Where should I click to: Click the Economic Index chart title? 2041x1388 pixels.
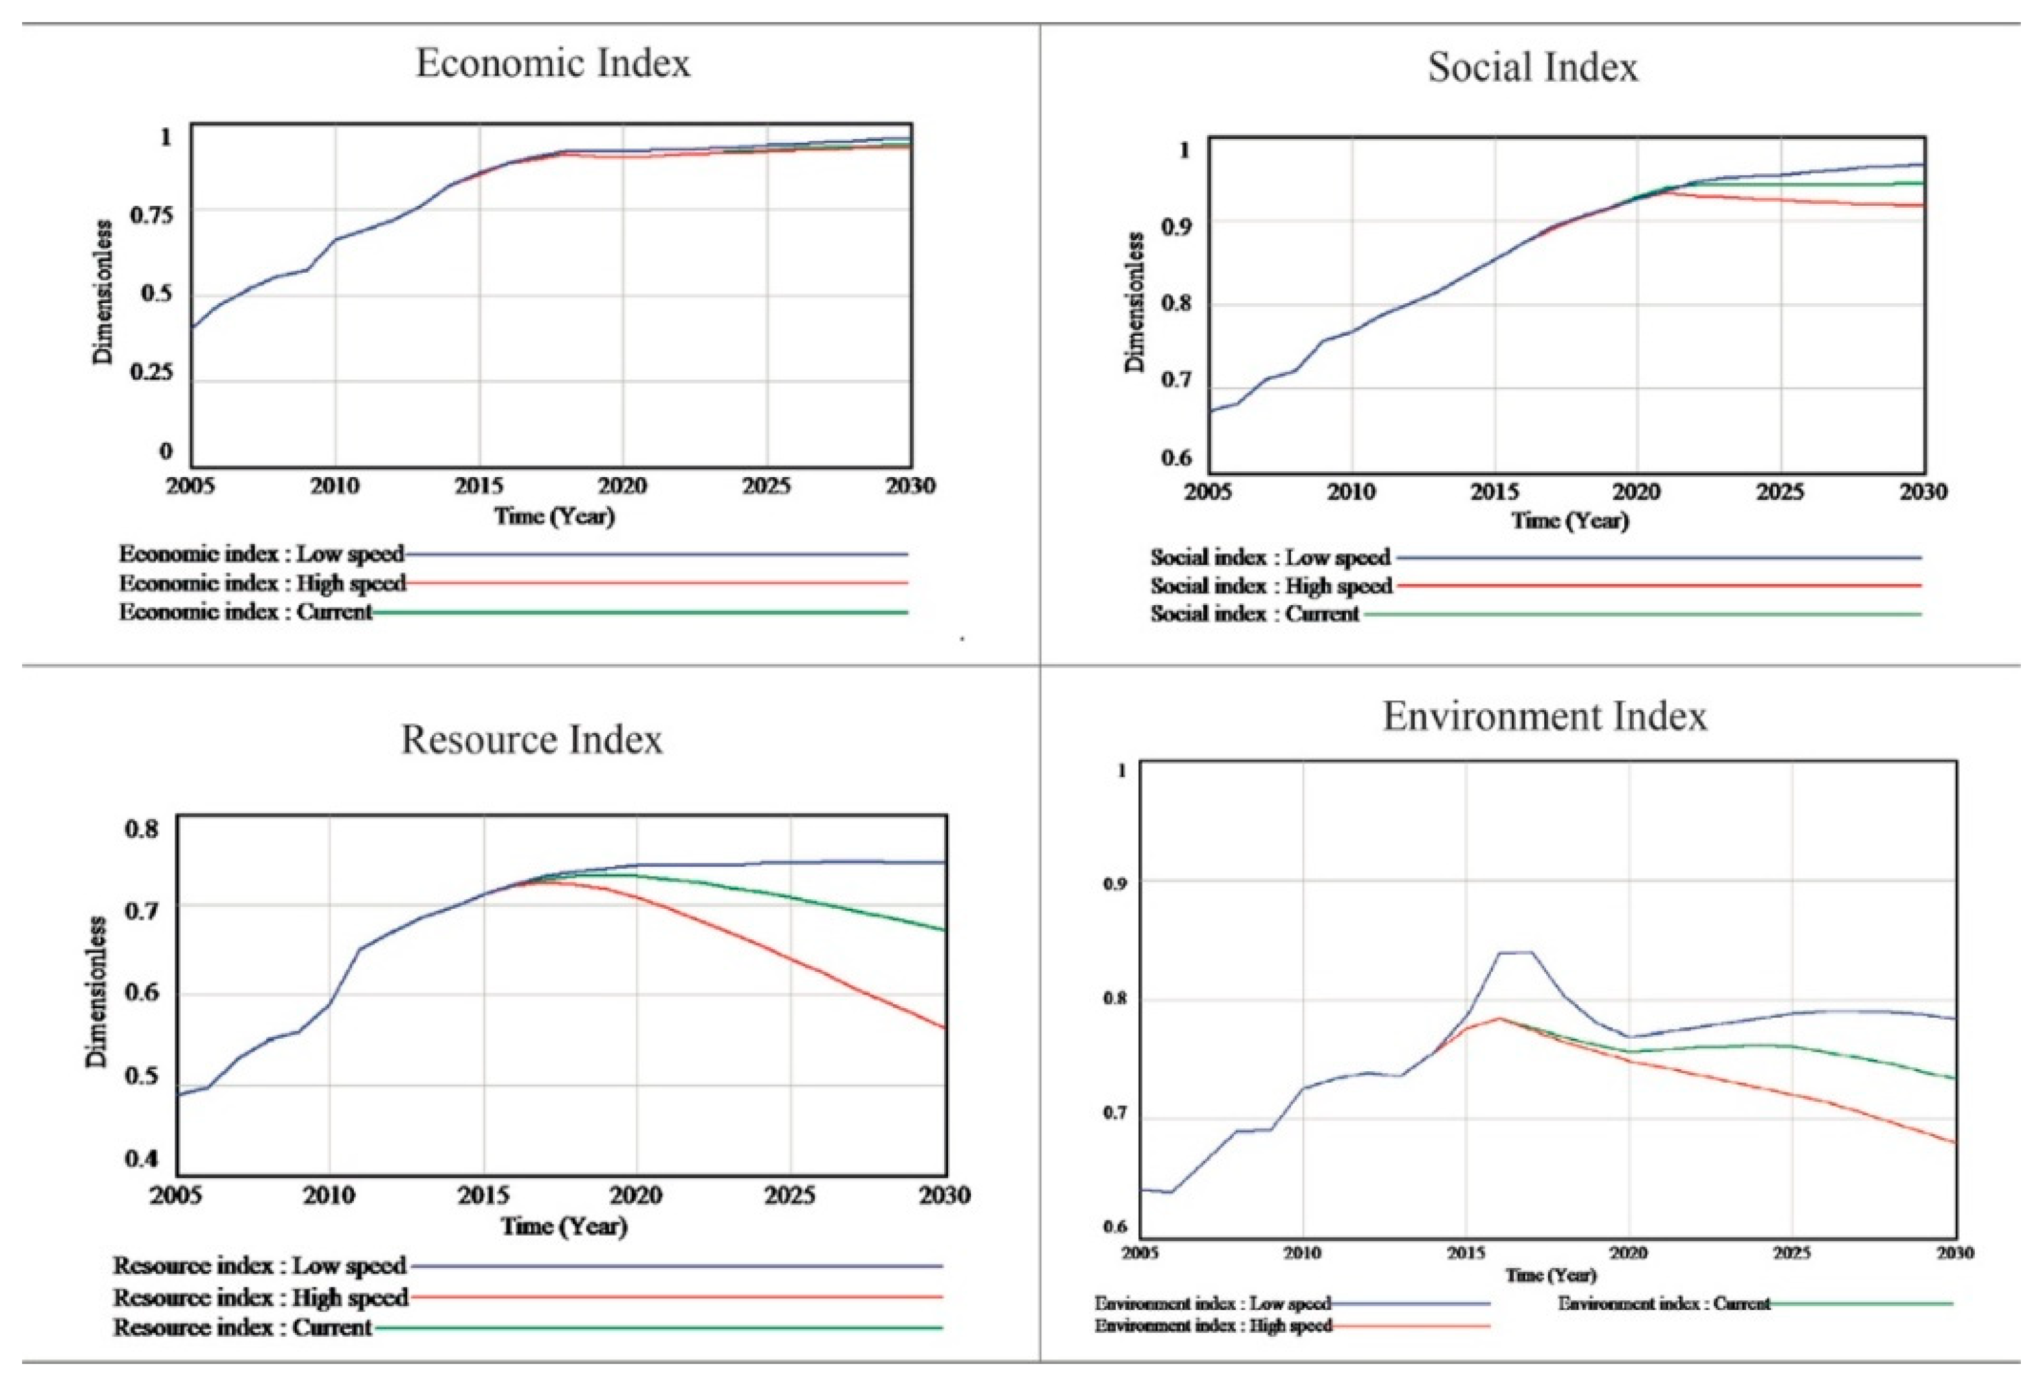[553, 63]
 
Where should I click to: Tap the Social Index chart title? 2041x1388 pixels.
[1533, 67]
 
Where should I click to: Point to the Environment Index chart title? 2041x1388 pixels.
[1545, 716]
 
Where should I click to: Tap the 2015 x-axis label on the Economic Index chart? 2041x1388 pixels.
[479, 486]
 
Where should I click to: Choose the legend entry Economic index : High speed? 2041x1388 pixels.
[262, 584]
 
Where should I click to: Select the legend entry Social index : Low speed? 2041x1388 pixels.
[1270, 558]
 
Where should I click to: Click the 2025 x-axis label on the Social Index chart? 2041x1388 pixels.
[1780, 491]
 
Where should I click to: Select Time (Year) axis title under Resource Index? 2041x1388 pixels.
[564, 1226]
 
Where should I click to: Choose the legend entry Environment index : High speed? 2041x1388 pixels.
[1213, 1326]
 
